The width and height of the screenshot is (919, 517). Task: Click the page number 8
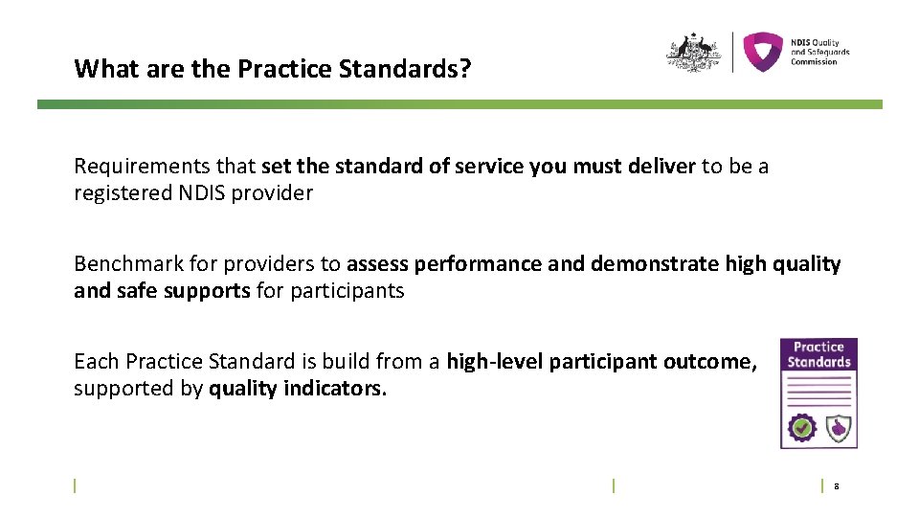click(837, 487)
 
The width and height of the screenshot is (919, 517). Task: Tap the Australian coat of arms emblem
click(693, 53)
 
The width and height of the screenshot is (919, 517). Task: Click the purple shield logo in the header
click(763, 53)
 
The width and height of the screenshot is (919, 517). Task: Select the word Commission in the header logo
click(814, 62)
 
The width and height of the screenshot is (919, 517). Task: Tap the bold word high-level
click(494, 362)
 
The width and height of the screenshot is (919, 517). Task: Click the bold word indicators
click(336, 389)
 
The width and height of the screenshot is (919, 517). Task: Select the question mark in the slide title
click(466, 70)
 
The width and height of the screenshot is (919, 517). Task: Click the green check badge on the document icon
click(800, 427)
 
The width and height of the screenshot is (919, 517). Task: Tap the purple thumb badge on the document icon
click(838, 427)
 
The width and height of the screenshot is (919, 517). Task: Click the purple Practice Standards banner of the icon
click(818, 355)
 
